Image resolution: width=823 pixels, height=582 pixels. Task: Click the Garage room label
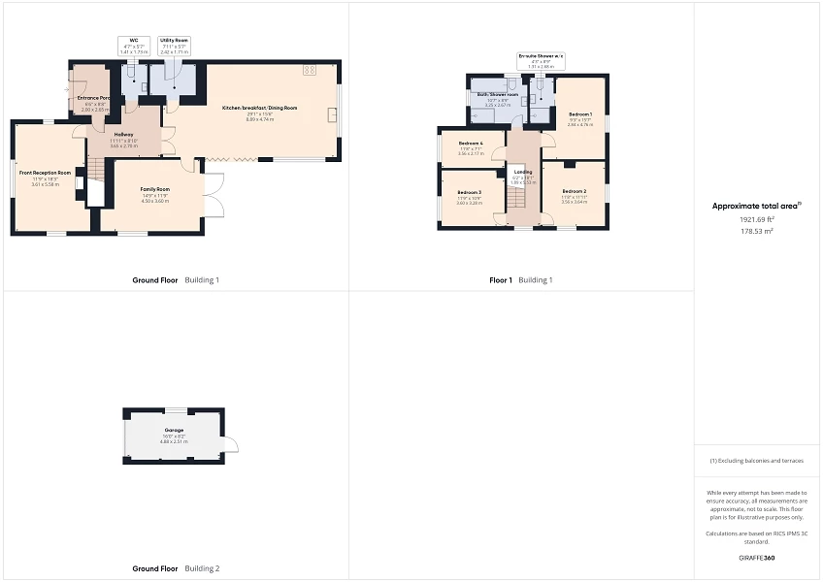tap(175, 430)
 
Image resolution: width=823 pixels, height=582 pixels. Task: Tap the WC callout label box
tap(130, 46)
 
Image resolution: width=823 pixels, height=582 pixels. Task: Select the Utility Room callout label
tap(174, 46)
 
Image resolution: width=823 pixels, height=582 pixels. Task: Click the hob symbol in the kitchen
tap(311, 70)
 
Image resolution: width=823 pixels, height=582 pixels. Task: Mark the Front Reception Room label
tap(46, 173)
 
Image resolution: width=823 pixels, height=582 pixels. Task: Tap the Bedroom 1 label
tap(579, 114)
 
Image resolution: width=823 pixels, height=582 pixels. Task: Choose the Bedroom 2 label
tap(574, 192)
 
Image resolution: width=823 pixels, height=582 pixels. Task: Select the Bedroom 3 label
tap(470, 193)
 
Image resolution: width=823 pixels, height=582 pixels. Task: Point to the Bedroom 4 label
tap(470, 144)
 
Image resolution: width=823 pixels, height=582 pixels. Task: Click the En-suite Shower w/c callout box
tap(541, 61)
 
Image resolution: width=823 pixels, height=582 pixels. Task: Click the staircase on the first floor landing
tap(517, 198)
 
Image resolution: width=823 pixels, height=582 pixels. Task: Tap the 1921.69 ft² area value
tap(757, 219)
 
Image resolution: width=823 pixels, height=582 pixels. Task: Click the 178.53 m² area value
tap(757, 232)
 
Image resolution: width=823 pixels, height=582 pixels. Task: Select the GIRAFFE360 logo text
tap(756, 558)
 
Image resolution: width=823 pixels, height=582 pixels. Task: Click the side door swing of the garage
tap(230, 444)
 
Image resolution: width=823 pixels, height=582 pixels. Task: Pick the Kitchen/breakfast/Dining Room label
tap(259, 108)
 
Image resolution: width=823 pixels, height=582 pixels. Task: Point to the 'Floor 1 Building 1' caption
tap(521, 280)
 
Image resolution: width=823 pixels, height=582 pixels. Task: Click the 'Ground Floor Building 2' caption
tap(176, 568)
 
